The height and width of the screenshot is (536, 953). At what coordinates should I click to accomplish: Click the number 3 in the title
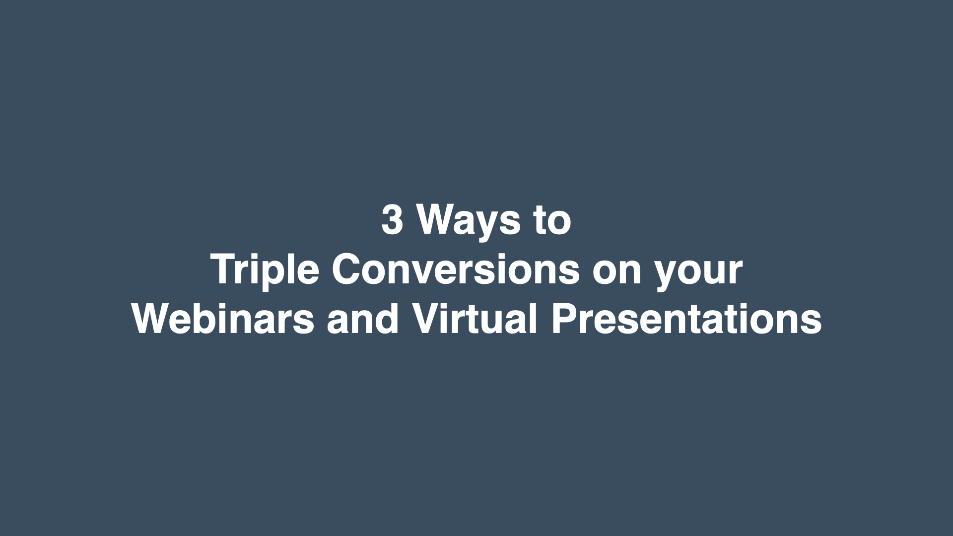pos(392,219)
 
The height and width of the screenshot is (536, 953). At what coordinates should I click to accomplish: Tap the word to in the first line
pos(552,220)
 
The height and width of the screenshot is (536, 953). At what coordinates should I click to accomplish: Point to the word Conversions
pos(456,269)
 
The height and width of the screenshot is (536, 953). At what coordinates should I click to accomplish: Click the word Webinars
pos(223,318)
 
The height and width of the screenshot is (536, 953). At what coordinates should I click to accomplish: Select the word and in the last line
pos(363,318)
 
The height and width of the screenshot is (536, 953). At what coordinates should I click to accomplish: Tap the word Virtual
pos(475,318)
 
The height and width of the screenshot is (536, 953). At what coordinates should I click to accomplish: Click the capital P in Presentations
pos(564,318)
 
